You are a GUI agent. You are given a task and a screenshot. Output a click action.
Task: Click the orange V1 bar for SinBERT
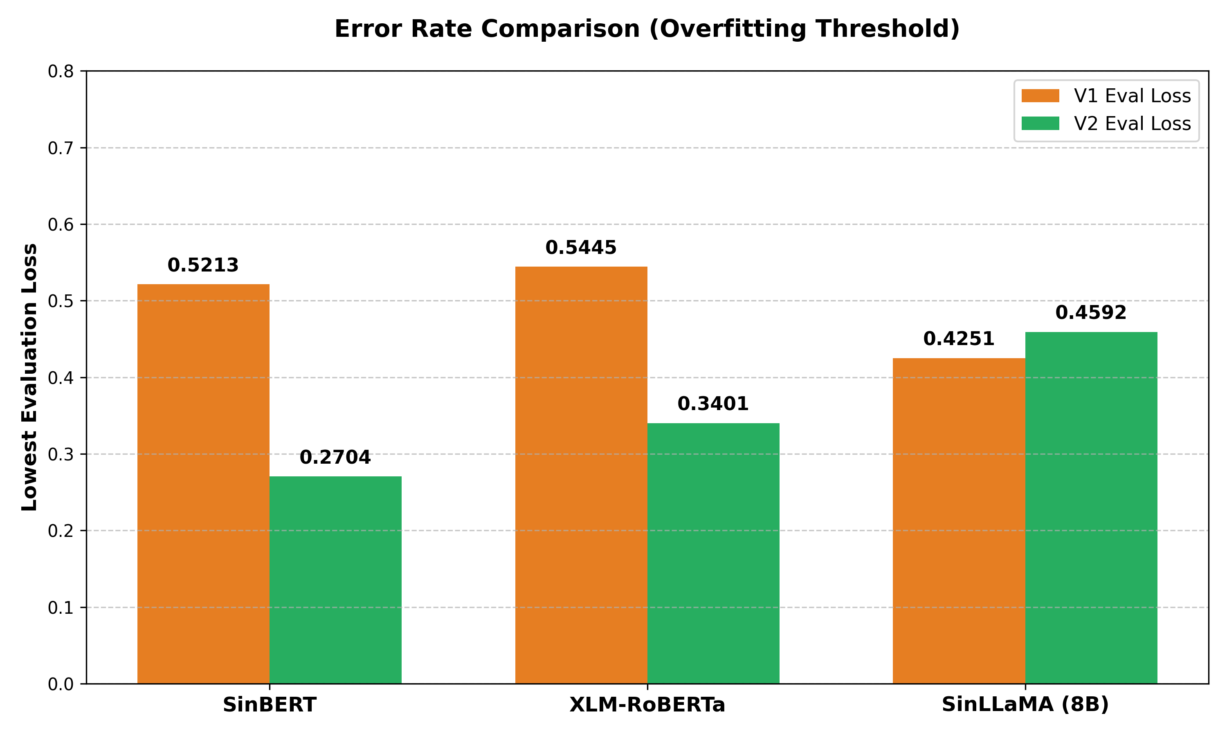click(203, 484)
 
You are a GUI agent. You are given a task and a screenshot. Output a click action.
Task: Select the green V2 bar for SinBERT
click(335, 580)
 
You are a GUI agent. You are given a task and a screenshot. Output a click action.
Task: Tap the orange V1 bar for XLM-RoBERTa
click(581, 475)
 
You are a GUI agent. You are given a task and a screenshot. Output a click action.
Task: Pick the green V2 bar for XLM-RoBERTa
click(713, 553)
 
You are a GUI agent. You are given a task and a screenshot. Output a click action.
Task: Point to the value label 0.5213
click(203, 265)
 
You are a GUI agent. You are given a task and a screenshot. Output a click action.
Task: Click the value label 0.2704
click(335, 457)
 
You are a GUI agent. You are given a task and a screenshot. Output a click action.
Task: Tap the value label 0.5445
click(581, 247)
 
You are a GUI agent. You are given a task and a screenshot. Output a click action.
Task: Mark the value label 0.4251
click(959, 339)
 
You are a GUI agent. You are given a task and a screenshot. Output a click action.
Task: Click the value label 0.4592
click(1091, 312)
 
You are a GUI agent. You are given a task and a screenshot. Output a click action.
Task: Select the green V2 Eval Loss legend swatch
click(1040, 123)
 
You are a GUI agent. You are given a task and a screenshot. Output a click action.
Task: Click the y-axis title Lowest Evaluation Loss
click(30, 377)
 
